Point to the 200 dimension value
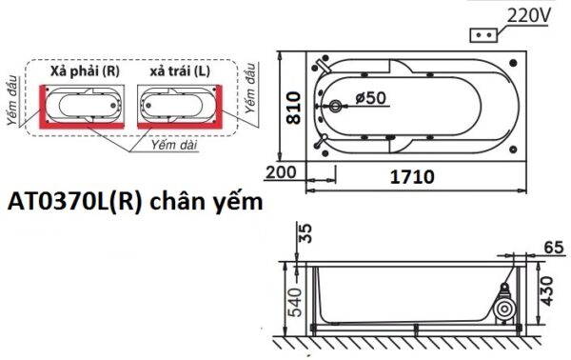[282, 172]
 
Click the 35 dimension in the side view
[304, 233]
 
